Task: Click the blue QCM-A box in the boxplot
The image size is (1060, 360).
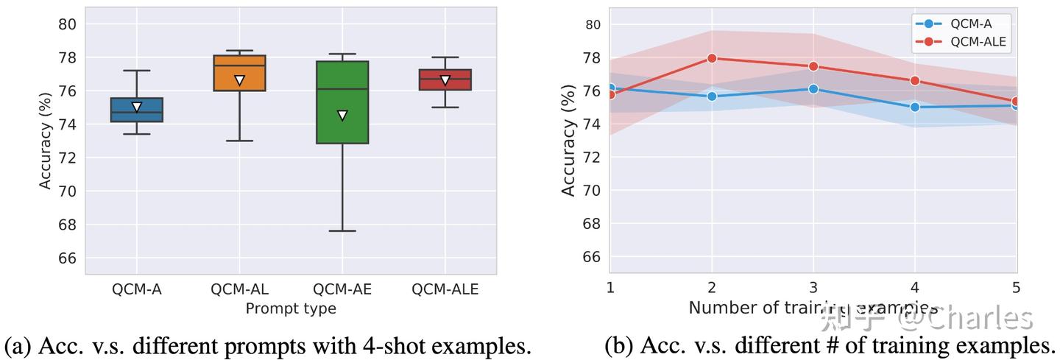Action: [x=137, y=110]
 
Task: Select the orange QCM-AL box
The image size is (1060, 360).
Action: [x=239, y=73]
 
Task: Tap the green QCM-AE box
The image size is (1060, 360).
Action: [x=342, y=102]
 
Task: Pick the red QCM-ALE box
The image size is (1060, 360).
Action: [x=445, y=80]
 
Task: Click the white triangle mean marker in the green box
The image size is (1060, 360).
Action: [x=342, y=115]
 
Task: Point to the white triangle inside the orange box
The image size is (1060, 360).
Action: [x=239, y=80]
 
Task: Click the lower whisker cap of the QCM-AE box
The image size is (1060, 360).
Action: [x=342, y=230]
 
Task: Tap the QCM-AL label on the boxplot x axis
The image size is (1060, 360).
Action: [x=239, y=289]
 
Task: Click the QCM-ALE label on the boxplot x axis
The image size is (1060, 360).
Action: [x=445, y=289]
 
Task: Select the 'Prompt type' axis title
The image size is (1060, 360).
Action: [x=291, y=308]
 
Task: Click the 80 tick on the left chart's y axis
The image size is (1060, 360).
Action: [x=67, y=24]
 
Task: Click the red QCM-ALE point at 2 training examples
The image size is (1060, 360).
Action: [x=712, y=58]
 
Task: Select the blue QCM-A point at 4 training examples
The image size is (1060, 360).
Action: [x=915, y=107]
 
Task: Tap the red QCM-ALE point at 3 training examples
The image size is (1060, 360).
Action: [x=813, y=66]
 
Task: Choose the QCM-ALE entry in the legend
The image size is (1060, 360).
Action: [x=977, y=42]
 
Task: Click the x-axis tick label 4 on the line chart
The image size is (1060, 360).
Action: [x=915, y=288]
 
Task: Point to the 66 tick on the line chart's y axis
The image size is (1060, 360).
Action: [x=593, y=257]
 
